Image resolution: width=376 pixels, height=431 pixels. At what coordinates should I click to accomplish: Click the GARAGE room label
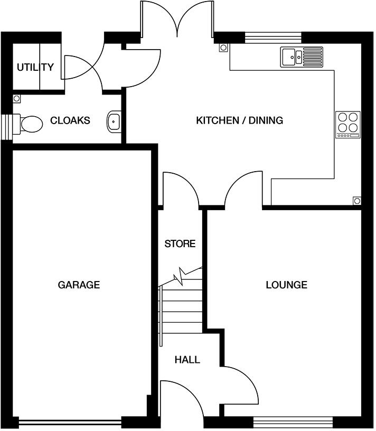pos(79,285)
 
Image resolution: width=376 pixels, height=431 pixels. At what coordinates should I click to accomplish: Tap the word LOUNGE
pos(286,285)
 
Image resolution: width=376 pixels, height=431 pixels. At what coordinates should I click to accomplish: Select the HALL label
pos(187,360)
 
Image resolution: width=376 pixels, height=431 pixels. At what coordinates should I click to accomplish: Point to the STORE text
pos(180,243)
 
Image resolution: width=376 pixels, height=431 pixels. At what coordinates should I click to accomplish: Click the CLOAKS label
pos(70,120)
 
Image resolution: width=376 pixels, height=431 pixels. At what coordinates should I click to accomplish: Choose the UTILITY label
pos(35,67)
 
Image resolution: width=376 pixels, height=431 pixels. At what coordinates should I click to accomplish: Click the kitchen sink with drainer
pos(302,55)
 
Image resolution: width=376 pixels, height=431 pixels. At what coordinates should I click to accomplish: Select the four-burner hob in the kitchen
pos(348,125)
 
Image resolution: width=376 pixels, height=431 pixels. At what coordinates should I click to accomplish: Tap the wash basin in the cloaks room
pos(114,121)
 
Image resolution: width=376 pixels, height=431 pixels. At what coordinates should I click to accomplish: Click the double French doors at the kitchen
pos(177,21)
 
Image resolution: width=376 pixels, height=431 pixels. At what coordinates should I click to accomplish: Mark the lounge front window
pos(293,421)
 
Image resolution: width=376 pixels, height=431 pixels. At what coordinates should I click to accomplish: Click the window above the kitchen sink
pos(273,36)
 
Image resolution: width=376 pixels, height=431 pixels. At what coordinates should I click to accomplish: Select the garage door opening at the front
pos(70,422)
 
